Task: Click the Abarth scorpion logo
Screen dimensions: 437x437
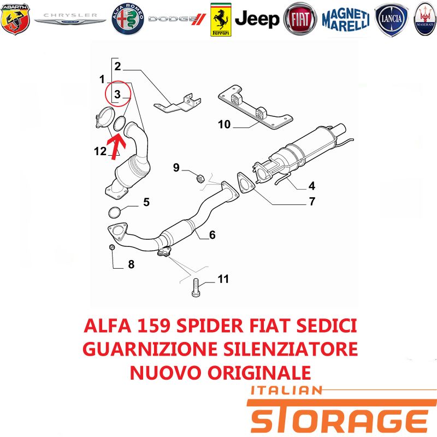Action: pos(15,19)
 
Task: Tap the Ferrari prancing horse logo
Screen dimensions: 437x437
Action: pos(221,20)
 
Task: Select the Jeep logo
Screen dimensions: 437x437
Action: pos(257,19)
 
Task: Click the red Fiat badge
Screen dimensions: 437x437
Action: pos(300,19)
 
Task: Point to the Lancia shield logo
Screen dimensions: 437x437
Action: pos(391,20)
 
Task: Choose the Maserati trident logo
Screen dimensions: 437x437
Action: pos(426,19)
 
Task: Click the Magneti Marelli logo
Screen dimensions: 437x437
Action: pos(346,20)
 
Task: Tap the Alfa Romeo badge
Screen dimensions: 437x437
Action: pos(128,19)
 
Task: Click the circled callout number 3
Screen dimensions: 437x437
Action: pos(117,94)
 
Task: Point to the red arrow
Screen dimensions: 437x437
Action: pos(115,146)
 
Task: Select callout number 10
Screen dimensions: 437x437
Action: pos(225,125)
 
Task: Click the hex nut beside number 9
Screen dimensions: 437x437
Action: pos(200,178)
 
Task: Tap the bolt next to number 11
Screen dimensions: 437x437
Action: pos(196,288)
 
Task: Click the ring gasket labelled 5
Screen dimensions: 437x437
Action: pos(115,212)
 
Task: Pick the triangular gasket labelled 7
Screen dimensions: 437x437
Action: pos(245,184)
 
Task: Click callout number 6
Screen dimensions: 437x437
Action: pos(212,235)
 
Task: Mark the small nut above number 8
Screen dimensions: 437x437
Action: pos(112,247)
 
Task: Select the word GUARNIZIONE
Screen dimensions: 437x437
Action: pos(150,349)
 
